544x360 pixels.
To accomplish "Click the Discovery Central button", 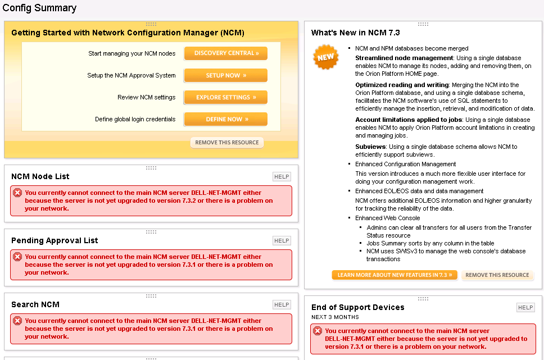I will (x=226, y=53).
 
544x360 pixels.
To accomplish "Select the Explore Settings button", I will (x=226, y=97).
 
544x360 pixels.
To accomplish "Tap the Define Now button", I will (x=226, y=119).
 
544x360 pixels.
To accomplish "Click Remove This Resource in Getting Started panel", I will (x=227, y=143).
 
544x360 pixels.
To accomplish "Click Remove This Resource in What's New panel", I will (x=497, y=275).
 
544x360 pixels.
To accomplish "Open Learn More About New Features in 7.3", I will (x=395, y=275).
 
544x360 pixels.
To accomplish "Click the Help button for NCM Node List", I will (x=282, y=177).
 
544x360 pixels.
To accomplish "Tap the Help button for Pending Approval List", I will (x=282, y=241).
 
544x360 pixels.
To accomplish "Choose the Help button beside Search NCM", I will (x=282, y=305).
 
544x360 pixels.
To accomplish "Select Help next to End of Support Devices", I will (x=525, y=308).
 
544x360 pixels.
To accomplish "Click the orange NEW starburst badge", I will (x=325, y=57).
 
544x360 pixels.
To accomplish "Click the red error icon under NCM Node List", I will (x=17, y=193).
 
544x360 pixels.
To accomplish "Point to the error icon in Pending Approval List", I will (x=17, y=257).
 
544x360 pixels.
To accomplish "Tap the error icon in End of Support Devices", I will (x=318, y=331).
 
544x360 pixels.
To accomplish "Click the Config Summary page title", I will (x=39, y=8).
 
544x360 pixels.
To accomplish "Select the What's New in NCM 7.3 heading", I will (x=356, y=33).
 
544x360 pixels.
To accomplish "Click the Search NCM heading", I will (x=35, y=304).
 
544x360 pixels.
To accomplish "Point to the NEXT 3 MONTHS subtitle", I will (x=334, y=317).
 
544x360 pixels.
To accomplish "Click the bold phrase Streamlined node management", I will (x=404, y=58).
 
